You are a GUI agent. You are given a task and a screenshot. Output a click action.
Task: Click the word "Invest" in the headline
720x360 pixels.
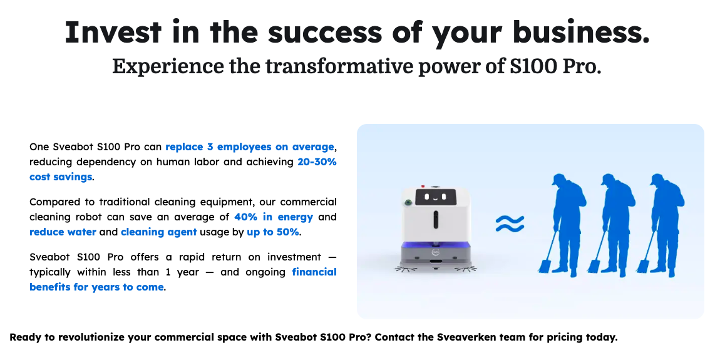pyautogui.click(x=113, y=32)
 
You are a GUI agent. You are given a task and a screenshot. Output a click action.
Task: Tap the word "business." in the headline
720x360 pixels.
pyautogui.click(x=582, y=32)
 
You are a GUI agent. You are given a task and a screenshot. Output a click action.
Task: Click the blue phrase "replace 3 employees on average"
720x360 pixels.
pyautogui.click(x=250, y=147)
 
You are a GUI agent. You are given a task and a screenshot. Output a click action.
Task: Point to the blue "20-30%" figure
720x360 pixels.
pyautogui.click(x=317, y=162)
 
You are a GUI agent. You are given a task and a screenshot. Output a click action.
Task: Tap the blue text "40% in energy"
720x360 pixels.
pyautogui.click(x=274, y=217)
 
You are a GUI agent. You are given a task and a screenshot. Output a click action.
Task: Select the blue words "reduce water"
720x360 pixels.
pyautogui.click(x=63, y=232)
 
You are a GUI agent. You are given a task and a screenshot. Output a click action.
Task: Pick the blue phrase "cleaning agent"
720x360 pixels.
pyautogui.click(x=159, y=232)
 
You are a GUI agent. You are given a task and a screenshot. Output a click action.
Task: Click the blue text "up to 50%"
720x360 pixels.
pyautogui.click(x=273, y=232)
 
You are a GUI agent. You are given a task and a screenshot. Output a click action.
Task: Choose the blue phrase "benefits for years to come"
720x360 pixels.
pyautogui.click(x=96, y=287)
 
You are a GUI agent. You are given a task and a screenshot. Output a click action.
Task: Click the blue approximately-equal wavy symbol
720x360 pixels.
pyautogui.click(x=510, y=224)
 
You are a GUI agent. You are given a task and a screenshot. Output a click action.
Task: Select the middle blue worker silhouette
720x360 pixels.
pyautogui.click(x=612, y=225)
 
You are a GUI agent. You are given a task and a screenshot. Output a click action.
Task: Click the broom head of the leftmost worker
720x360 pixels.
pyautogui.click(x=544, y=266)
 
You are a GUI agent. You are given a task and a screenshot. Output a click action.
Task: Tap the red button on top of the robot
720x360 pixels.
pyautogui.click(x=423, y=187)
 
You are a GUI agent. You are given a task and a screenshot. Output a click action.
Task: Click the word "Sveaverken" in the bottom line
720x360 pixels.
pyautogui.click(x=468, y=337)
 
